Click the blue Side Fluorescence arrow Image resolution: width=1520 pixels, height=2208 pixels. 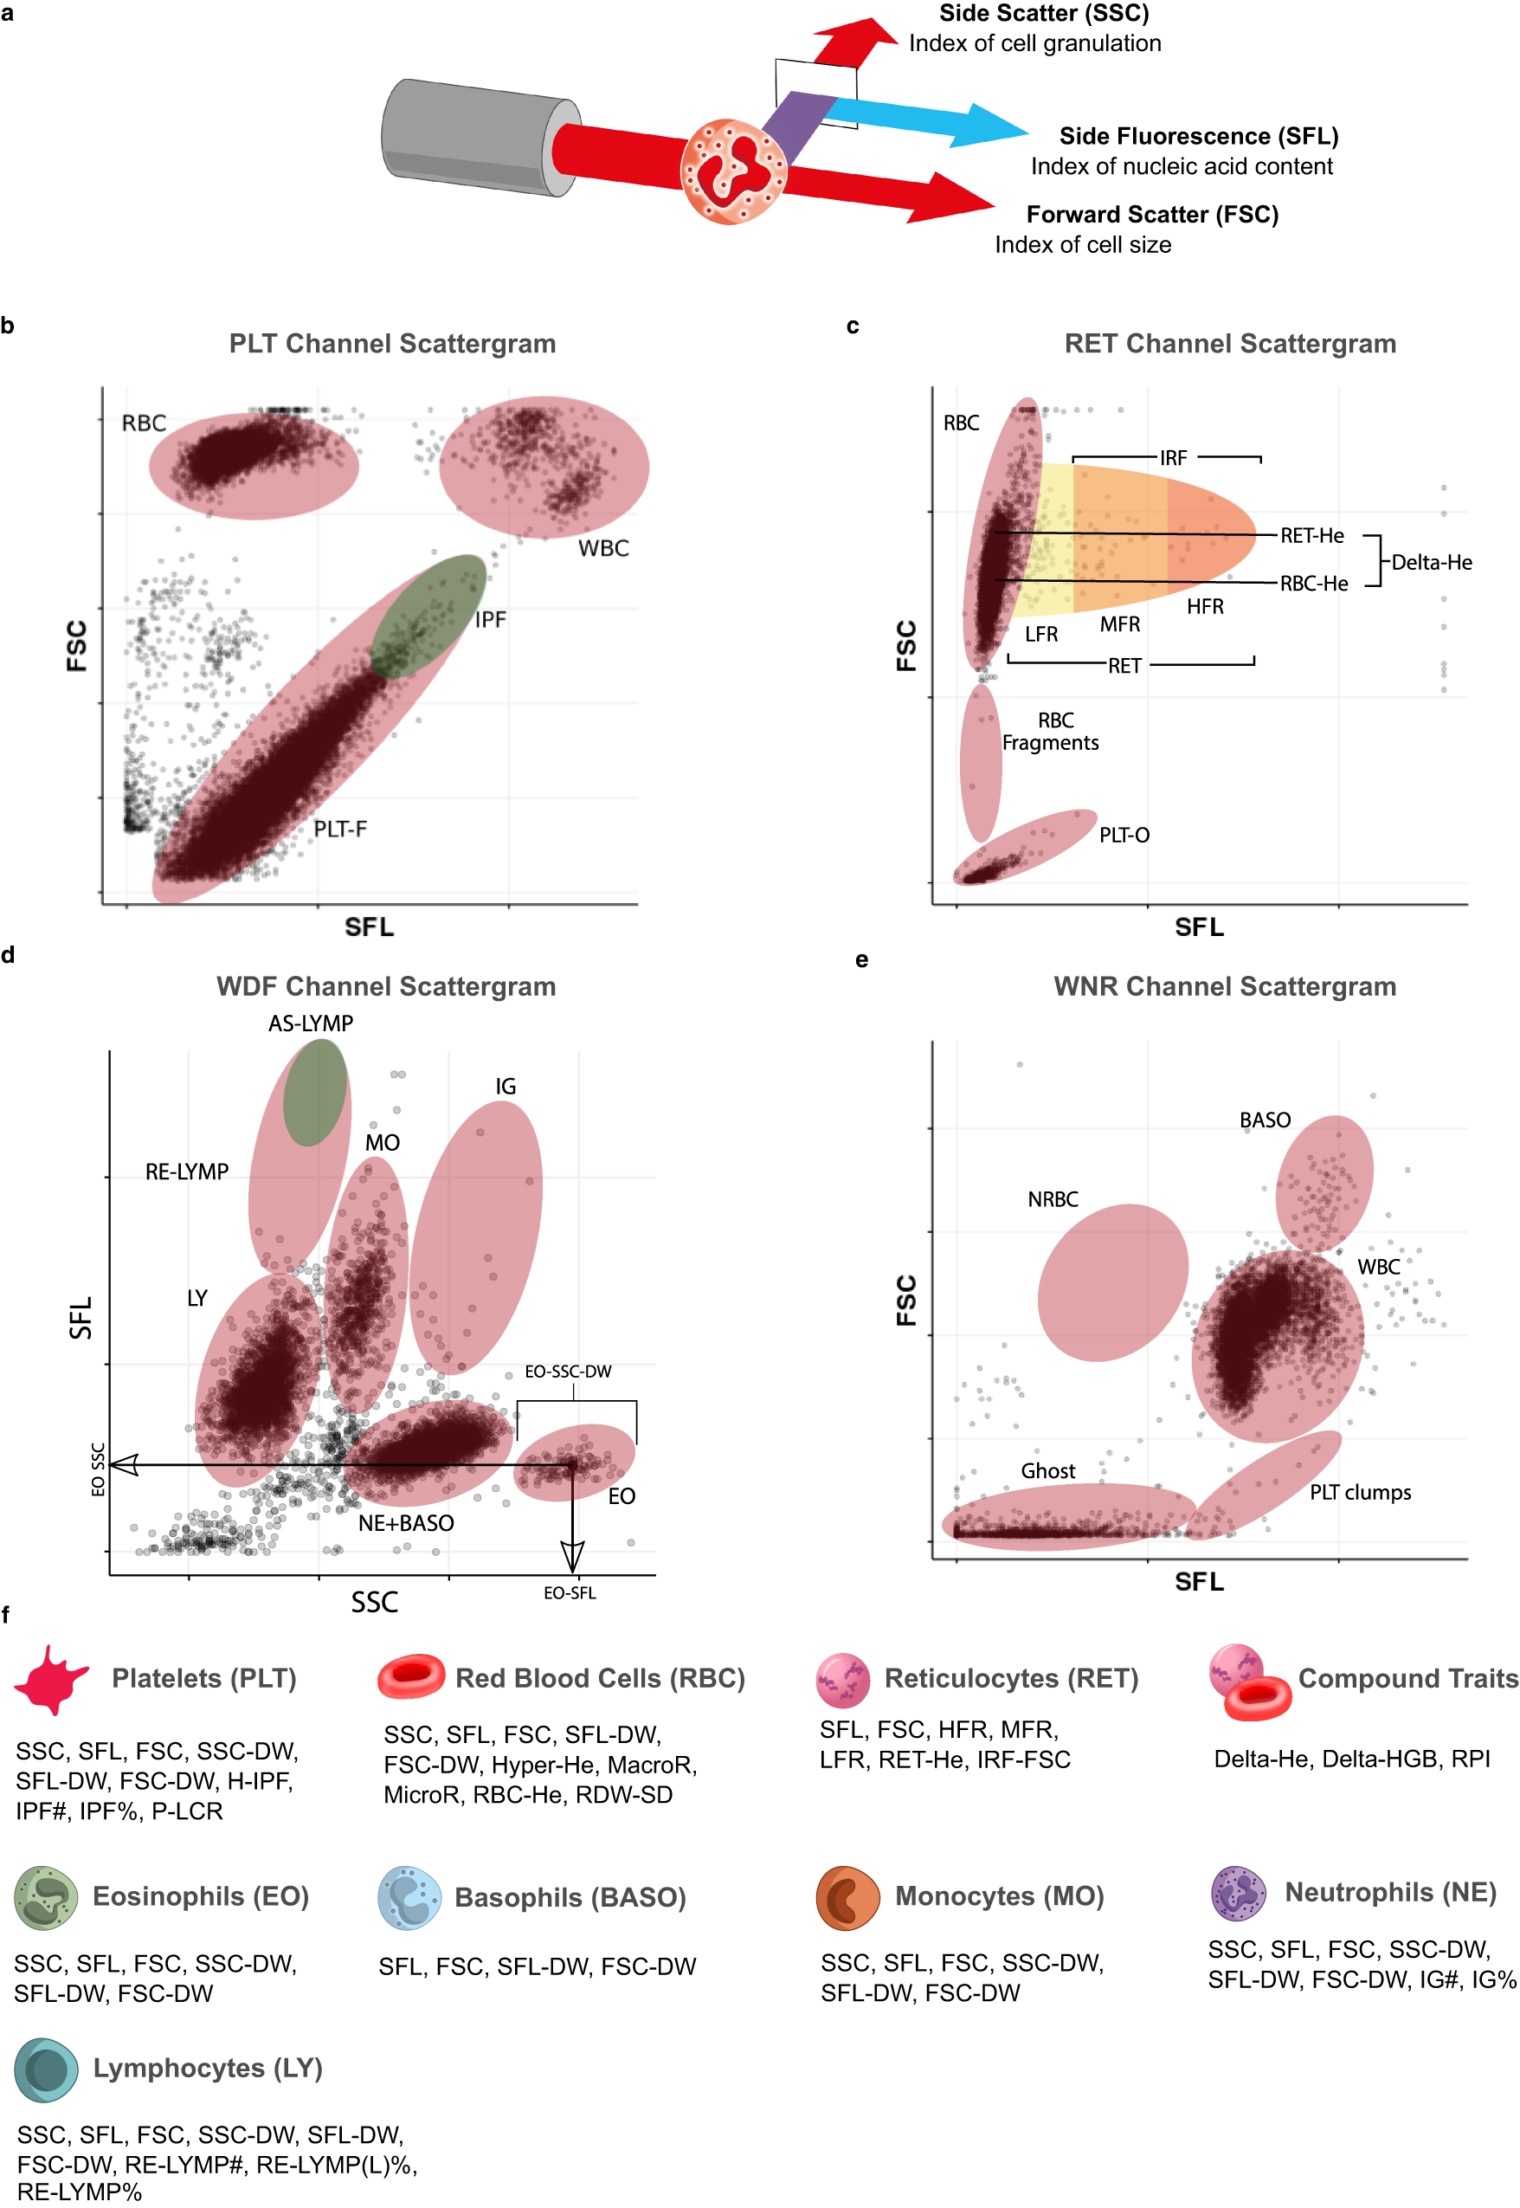[924, 119]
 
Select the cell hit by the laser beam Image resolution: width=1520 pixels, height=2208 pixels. [732, 171]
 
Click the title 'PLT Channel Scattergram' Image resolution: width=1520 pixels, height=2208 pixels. [392, 343]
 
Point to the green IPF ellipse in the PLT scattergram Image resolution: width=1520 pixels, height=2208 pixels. [428, 616]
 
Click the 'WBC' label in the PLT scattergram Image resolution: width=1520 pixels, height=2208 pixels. [604, 548]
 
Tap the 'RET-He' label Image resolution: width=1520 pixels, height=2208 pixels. [1311, 535]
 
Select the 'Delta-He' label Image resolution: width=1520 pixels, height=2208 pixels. [1432, 562]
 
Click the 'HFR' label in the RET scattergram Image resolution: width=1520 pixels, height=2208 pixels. [1205, 607]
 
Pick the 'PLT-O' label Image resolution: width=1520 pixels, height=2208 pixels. [1124, 835]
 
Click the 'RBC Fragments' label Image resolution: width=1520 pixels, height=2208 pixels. [1051, 732]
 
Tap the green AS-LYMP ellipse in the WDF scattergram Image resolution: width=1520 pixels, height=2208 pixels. [315, 1092]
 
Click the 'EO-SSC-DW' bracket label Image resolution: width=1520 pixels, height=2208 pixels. [569, 1371]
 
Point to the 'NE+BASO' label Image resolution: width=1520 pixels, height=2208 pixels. [406, 1523]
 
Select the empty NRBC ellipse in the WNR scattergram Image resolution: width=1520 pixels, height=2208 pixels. [1112, 1282]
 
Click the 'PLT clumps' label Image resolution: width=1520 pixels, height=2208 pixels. [1360, 1493]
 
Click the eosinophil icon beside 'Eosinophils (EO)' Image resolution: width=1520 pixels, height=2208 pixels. [46, 1896]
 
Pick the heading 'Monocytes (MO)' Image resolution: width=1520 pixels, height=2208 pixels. [999, 1895]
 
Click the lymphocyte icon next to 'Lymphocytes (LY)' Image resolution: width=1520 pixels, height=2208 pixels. [46, 2069]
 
